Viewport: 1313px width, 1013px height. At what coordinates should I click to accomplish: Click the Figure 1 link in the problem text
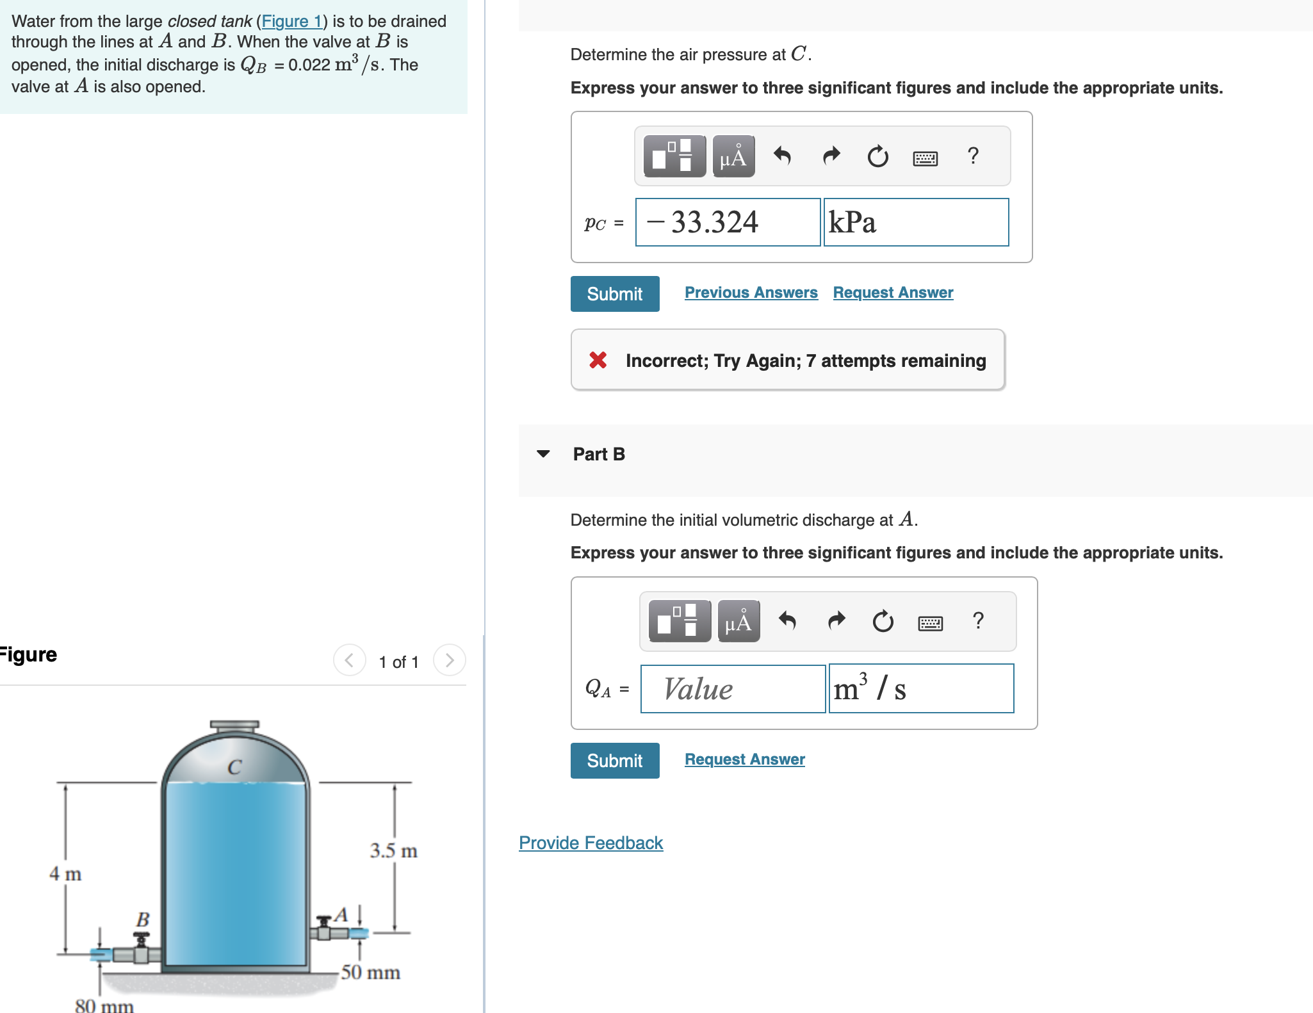[291, 21]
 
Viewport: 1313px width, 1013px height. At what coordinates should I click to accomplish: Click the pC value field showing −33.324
[728, 222]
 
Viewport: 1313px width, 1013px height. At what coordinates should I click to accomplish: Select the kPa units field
[916, 222]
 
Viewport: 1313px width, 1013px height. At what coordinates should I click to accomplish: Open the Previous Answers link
[751, 293]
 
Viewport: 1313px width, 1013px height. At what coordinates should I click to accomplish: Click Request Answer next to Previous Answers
[893, 293]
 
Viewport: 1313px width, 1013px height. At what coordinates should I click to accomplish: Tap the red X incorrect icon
[598, 360]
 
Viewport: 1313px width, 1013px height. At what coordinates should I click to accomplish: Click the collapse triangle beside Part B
[543, 454]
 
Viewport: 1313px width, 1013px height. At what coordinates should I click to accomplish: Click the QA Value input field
[733, 689]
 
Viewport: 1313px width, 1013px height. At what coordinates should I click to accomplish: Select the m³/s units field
[921, 689]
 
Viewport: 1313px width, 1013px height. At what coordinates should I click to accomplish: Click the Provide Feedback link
[591, 843]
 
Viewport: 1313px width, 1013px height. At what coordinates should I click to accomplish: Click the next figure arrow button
[449, 660]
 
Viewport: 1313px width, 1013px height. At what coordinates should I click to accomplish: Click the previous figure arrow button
[349, 660]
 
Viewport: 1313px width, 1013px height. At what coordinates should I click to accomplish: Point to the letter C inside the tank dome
[234, 767]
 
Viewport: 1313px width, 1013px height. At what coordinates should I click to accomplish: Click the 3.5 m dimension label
[393, 851]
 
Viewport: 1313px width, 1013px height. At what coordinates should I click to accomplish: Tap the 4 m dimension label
[65, 874]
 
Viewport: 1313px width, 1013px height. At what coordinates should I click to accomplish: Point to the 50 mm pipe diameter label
[370, 973]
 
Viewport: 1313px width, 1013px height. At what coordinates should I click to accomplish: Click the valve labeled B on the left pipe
[142, 944]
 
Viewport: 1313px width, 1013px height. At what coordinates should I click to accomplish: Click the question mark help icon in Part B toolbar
[977, 620]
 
